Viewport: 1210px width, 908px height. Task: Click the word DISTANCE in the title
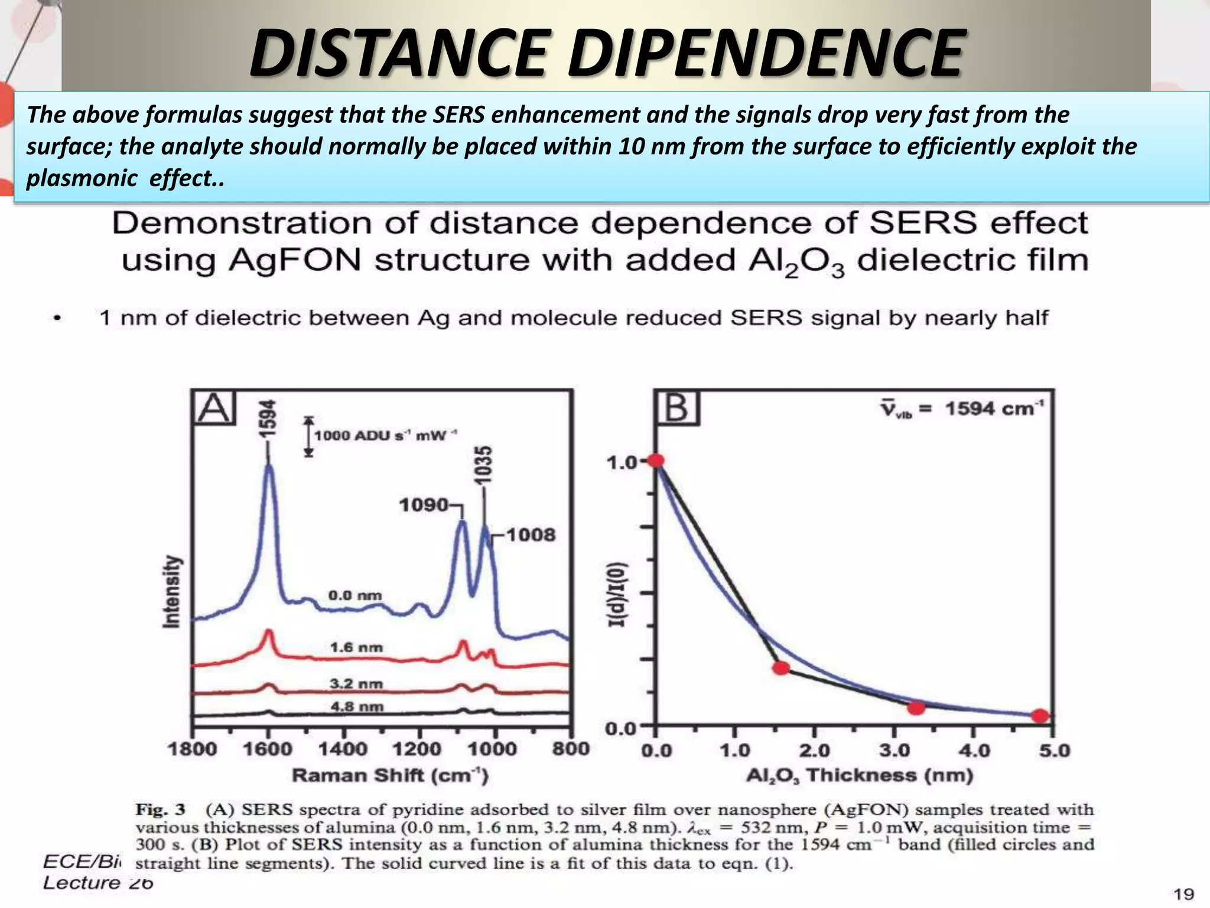397,54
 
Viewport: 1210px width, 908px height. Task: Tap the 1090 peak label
424,505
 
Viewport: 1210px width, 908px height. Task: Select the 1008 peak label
531,535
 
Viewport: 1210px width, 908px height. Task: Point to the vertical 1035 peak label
484,465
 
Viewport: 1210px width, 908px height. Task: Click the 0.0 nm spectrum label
355,595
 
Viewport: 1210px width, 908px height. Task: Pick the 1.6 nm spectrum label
356,647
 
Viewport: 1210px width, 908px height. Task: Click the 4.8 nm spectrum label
356,706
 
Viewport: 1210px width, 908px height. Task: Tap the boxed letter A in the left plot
214,408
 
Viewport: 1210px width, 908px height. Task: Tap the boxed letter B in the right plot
677,408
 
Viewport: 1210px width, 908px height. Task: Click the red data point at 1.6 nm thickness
781,668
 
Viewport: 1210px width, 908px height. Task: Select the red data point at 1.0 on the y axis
655,461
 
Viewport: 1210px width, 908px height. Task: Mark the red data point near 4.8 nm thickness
1040,716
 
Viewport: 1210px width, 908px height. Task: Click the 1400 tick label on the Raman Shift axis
343,750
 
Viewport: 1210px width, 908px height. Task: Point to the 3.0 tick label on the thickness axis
895,751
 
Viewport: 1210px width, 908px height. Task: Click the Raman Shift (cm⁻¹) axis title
390,776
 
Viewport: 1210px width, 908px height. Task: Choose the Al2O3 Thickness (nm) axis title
860,776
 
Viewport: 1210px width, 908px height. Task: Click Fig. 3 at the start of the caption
160,809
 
